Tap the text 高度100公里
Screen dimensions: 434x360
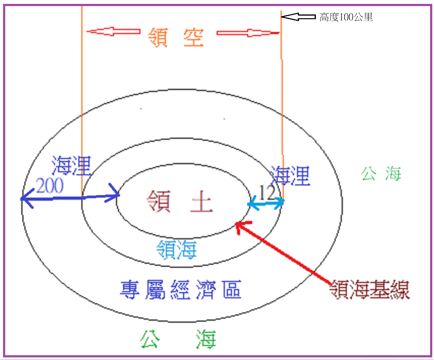346,17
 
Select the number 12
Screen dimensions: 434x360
267,193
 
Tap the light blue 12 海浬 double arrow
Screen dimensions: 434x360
266,203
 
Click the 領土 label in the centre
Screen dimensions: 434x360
179,201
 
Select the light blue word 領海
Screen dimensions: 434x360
176,249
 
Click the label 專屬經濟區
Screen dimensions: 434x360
181,289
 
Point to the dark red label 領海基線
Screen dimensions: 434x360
369,289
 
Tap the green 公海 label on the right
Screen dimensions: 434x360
381,174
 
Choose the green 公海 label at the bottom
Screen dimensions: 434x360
178,339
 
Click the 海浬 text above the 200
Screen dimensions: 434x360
71,165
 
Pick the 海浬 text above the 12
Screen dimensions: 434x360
290,176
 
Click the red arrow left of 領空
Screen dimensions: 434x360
114,32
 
